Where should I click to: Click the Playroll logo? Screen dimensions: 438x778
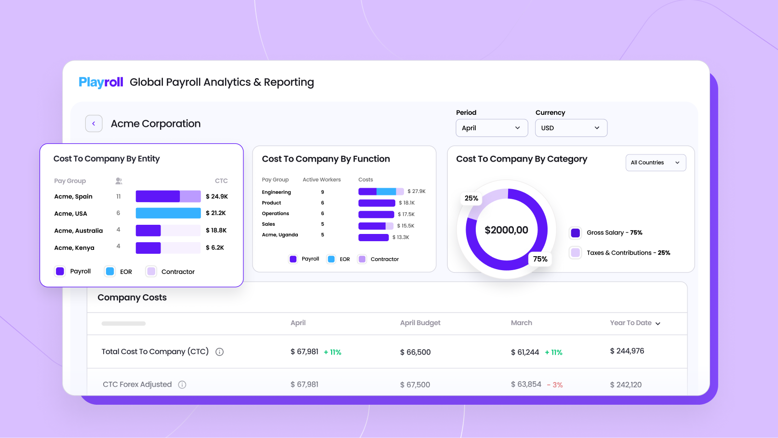tap(101, 82)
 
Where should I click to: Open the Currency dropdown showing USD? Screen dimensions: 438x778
tap(571, 128)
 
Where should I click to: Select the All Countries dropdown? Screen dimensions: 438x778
tap(655, 163)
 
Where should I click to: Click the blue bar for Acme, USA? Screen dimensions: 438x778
tap(168, 213)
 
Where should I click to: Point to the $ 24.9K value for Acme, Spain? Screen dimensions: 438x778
tap(216, 196)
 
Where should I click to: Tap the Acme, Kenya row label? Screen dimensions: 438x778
tap(74, 248)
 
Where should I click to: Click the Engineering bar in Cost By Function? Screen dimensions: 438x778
tap(380, 192)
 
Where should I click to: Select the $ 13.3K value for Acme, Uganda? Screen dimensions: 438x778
tap(401, 237)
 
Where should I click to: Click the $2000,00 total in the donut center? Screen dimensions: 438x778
tap(506, 230)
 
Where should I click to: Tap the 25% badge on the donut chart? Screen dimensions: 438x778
tap(471, 198)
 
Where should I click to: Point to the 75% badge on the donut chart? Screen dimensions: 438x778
tap(540, 259)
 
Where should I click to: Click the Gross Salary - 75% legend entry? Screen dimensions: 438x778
tap(614, 233)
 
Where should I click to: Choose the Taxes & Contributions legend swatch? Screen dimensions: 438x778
tap(576, 253)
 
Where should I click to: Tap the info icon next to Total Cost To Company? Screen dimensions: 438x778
tap(219, 352)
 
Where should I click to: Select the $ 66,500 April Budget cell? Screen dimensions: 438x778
tap(415, 352)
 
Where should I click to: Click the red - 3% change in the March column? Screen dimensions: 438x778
tap(555, 385)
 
